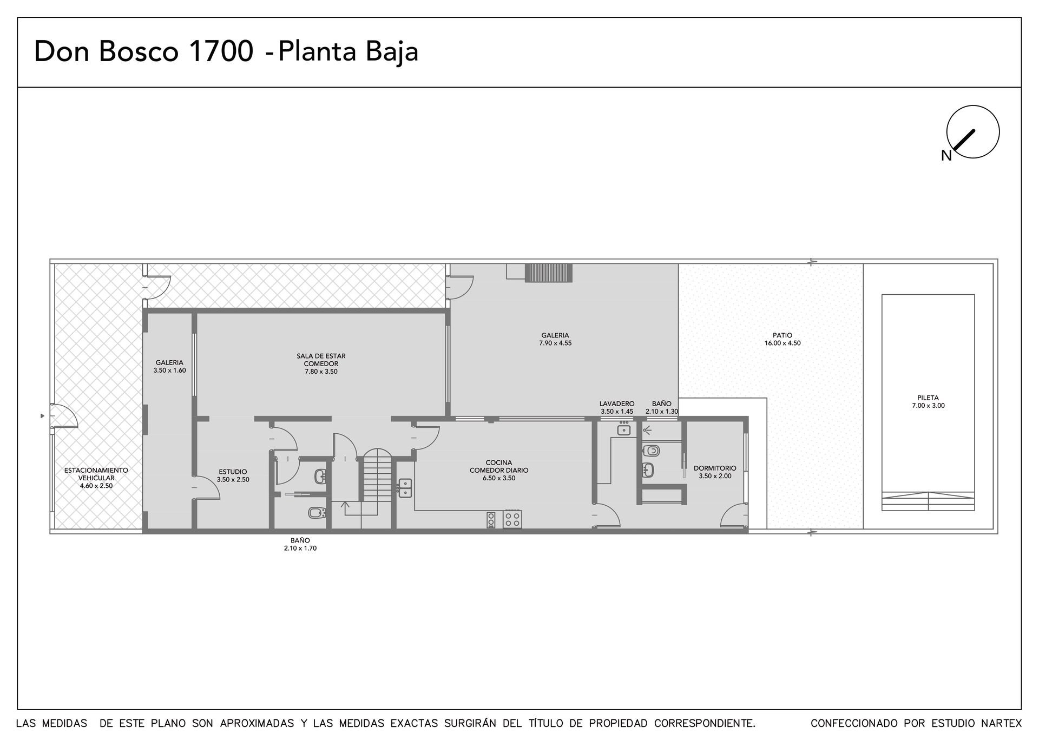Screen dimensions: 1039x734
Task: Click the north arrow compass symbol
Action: click(972, 132)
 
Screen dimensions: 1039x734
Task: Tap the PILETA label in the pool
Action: click(928, 401)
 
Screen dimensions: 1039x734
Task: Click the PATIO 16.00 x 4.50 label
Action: click(782, 339)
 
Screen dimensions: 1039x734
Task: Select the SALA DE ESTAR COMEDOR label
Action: click(321, 363)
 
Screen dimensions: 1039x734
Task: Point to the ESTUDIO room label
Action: click(233, 475)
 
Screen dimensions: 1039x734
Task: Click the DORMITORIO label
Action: click(715, 472)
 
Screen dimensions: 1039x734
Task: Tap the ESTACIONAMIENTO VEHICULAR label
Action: click(96, 478)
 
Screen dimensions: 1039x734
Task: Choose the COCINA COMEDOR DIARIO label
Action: click(499, 470)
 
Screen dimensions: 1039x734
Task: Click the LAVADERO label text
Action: click(617, 404)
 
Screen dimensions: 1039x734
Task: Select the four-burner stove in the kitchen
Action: click(512, 519)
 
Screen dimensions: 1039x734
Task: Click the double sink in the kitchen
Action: click(405, 488)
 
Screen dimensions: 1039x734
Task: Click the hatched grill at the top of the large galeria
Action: click(549, 273)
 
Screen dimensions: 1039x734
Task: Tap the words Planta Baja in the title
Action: click(348, 52)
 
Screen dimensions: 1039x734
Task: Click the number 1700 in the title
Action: click(220, 52)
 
